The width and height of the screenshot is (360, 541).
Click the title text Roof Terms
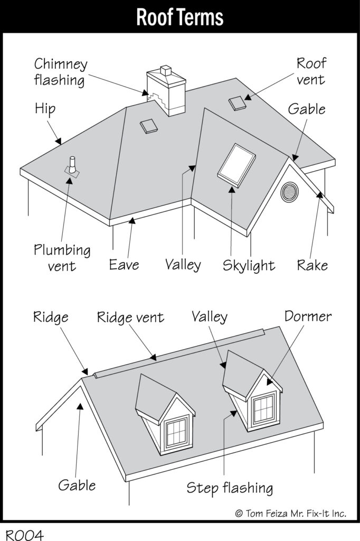point(180,17)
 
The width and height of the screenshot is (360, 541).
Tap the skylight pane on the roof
point(237,164)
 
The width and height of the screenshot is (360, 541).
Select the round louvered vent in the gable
point(289,192)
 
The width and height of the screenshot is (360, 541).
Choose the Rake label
point(312,265)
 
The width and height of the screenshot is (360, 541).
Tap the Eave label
point(124,264)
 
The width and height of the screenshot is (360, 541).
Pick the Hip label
point(45,109)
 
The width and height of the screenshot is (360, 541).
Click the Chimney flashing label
point(60,72)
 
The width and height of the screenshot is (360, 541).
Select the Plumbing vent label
point(62,257)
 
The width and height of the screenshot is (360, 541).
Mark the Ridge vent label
point(130,318)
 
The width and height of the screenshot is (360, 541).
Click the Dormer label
point(308,316)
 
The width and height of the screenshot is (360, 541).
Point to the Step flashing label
point(230,488)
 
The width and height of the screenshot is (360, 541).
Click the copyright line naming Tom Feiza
point(290,513)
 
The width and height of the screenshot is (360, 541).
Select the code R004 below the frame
point(25,534)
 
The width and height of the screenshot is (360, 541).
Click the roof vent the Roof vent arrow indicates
point(238,104)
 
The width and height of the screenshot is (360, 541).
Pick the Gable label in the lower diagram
point(77,484)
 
